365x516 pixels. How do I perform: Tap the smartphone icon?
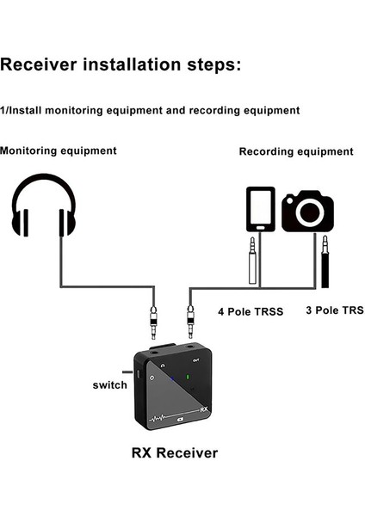click(261, 209)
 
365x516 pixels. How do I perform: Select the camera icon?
click(307, 212)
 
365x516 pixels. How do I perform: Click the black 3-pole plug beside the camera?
click(327, 266)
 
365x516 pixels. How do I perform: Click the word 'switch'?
click(109, 385)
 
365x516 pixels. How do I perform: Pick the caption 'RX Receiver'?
click(174, 452)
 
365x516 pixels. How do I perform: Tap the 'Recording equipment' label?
click(296, 151)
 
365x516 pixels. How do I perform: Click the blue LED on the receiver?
click(175, 376)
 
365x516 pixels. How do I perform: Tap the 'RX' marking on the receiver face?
click(203, 411)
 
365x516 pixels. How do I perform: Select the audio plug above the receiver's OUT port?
click(190, 325)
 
